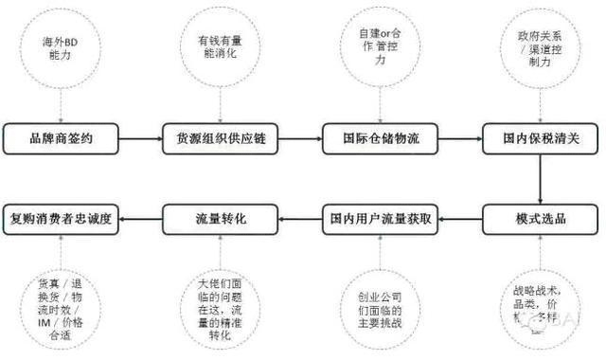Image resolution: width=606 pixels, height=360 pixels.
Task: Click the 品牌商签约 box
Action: tap(62, 138)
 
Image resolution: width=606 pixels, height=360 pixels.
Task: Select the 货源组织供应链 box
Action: tap(221, 138)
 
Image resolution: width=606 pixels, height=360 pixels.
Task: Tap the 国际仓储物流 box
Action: tap(381, 138)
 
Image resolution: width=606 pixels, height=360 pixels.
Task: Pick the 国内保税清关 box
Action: tap(541, 138)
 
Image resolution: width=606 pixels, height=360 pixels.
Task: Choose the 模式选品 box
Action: tap(541, 219)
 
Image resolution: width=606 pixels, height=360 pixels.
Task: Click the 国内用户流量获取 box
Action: tap(381, 219)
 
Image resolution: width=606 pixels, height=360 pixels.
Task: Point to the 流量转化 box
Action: tap(221, 219)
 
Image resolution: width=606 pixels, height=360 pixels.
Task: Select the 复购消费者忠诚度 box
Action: tap(62, 219)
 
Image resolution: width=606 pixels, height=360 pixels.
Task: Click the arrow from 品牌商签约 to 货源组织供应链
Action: tap(141, 138)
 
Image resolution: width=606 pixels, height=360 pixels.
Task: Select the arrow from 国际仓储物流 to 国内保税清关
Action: tap(461, 138)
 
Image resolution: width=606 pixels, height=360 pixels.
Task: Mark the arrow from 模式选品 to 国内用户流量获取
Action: tap(461, 219)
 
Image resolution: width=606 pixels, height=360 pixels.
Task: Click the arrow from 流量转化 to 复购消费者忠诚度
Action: tap(142, 219)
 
